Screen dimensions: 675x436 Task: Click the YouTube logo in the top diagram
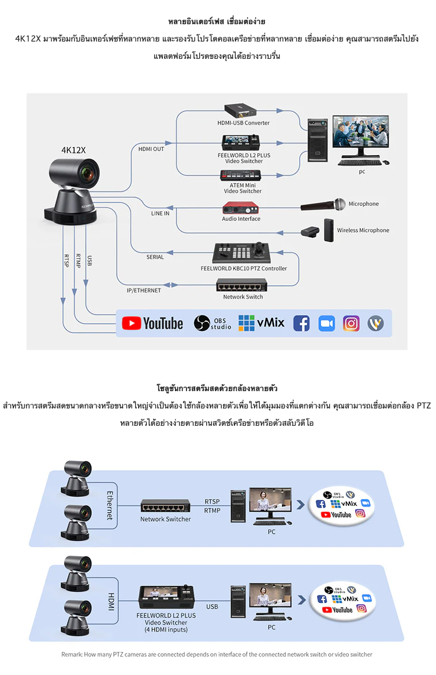[153, 323]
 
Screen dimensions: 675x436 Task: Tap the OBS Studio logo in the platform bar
[212, 323]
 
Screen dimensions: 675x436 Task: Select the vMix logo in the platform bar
[262, 322]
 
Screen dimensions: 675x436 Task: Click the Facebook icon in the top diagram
[301, 323]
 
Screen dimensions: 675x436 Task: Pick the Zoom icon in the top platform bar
[327, 323]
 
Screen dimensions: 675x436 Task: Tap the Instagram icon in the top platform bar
[351, 323]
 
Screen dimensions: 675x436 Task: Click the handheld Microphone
[323, 204]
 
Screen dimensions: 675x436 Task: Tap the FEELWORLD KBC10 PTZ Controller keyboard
[243, 252]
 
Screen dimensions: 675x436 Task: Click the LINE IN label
[160, 213]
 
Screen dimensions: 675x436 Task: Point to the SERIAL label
[155, 257]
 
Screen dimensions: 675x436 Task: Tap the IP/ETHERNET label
[144, 291]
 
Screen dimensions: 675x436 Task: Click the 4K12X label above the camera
[73, 150]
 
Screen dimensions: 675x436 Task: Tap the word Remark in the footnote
[72, 654]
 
